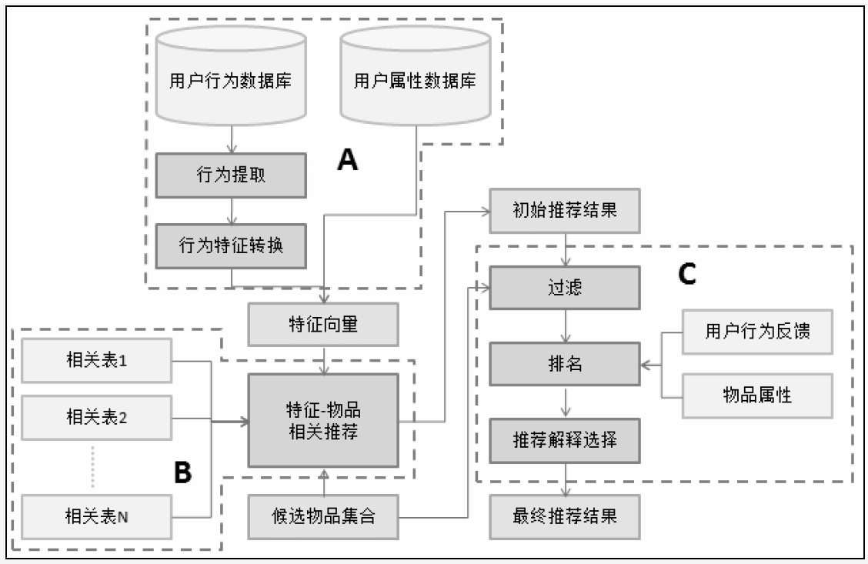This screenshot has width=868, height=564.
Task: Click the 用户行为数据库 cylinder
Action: click(231, 81)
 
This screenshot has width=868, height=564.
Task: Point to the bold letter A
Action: click(349, 160)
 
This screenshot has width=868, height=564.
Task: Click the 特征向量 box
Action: click(323, 324)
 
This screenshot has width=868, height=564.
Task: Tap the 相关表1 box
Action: click(95, 360)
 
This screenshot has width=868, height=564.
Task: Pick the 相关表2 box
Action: click(95, 419)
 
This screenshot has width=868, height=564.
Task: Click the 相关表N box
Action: click(95, 516)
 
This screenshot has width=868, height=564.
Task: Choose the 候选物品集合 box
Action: click(323, 516)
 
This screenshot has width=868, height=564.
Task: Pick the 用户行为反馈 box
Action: click(758, 332)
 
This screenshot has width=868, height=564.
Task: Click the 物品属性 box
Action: click(758, 395)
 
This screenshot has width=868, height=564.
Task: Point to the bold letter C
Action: click(686, 275)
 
